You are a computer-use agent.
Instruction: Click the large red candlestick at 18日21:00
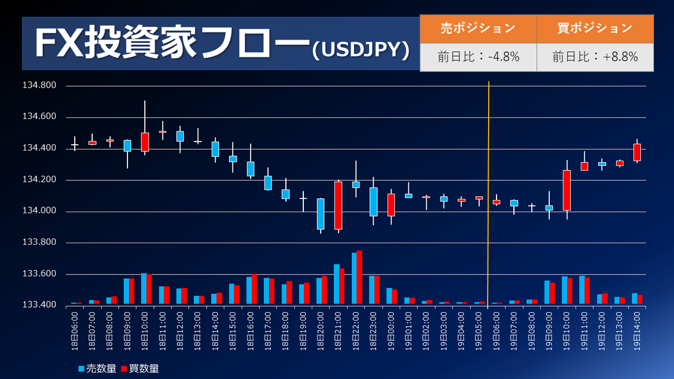tap(338, 205)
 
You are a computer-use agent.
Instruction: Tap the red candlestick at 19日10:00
tap(567, 190)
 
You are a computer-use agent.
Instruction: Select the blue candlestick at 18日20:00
tap(321, 213)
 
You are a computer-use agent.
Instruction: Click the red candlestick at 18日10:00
tap(145, 141)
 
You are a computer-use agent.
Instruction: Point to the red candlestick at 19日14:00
tap(637, 152)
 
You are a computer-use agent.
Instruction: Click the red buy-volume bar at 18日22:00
tap(359, 278)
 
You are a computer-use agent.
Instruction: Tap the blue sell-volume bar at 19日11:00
tap(581, 290)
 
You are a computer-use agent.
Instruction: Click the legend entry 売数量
tap(98, 368)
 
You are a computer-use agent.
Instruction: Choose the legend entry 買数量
tap(140, 368)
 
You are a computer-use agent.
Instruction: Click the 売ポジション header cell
tap(478, 28)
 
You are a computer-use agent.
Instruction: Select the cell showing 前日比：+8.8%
tap(595, 57)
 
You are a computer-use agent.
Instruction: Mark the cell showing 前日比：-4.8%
tap(478, 57)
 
